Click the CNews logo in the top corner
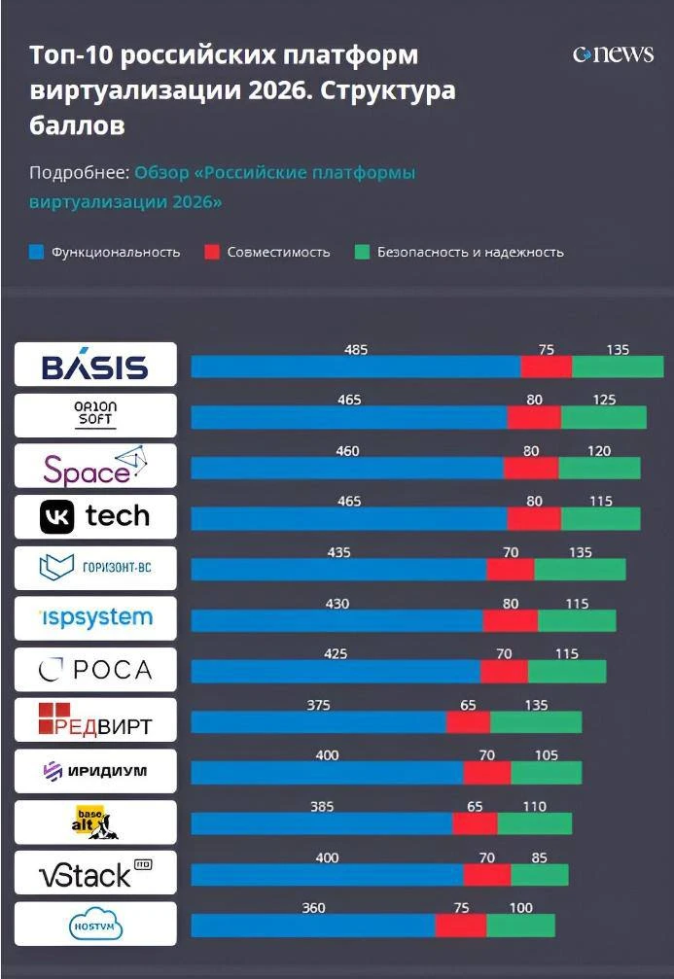point(613,54)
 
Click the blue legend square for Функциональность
point(37,252)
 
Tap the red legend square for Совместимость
point(212,252)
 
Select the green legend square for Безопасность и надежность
point(363,252)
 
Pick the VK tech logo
point(95,517)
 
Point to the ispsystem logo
point(96,618)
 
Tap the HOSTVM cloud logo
point(95,925)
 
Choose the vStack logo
point(95,873)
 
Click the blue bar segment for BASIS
point(356,367)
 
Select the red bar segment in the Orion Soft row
point(534,417)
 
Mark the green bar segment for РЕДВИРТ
point(536,721)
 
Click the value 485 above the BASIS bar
point(356,350)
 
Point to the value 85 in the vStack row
point(539,857)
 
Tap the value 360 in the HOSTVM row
point(313,908)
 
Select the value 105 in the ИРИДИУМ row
point(546,755)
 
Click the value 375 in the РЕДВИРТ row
point(318,705)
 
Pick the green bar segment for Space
point(600,469)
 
